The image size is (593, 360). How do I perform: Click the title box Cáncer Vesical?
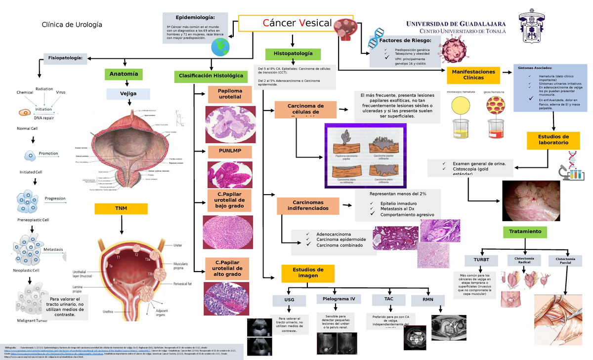(296, 23)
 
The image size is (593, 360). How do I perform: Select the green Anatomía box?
(124, 75)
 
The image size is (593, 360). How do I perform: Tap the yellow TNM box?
(122, 208)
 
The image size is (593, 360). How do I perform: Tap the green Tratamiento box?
(525, 231)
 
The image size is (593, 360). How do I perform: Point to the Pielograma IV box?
(339, 299)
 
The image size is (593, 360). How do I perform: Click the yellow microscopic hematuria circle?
(461, 106)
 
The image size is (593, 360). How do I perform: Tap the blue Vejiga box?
(128, 93)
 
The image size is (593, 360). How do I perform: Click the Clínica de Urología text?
(72, 24)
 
